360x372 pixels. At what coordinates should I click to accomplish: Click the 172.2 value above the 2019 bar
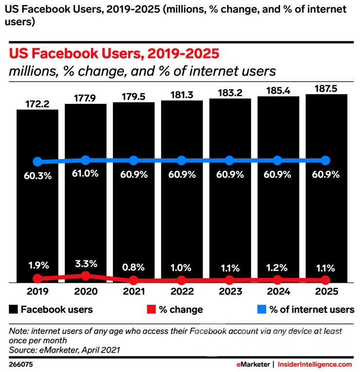point(37,103)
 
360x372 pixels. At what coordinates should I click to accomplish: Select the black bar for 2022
point(182,219)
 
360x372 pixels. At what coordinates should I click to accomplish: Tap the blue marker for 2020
point(85,160)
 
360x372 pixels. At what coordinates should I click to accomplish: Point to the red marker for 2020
point(85,276)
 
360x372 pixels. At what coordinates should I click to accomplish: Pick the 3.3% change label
point(85,264)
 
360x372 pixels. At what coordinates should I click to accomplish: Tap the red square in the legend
point(152,310)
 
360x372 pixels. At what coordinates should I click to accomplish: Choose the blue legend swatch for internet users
point(261,310)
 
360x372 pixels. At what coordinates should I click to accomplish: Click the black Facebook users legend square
point(14,310)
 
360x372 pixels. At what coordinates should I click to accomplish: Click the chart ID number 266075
point(20,364)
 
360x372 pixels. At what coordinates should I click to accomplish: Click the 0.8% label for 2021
point(133,268)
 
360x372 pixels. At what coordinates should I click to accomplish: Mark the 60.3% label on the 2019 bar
point(38,175)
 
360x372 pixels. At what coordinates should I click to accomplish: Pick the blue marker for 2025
point(325,160)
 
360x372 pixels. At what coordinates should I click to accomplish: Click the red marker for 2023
point(229,280)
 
